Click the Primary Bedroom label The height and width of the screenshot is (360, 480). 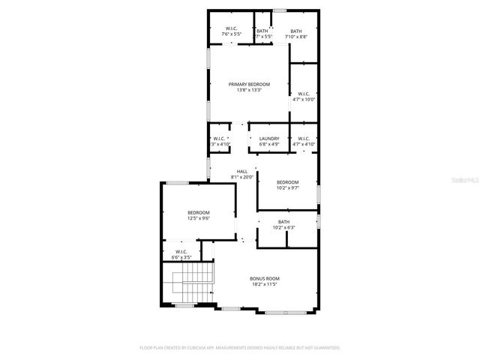249,85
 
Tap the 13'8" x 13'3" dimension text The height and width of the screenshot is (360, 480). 249,91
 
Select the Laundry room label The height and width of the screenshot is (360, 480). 269,139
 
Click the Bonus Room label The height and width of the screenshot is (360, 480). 264,279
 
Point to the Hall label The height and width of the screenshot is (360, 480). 242,172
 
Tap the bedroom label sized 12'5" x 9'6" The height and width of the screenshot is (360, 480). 199,213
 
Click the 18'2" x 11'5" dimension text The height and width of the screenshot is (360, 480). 264,285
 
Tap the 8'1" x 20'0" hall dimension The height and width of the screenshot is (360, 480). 242,177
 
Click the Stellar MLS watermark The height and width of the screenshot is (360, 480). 464,180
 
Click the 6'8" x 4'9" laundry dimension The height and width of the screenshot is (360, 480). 269,144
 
